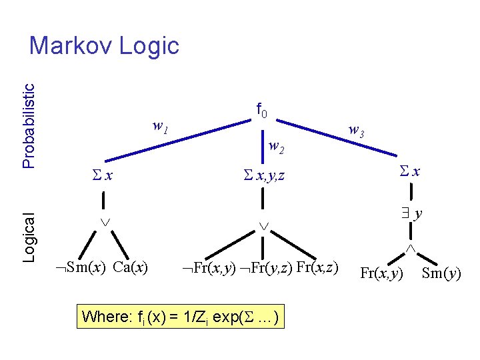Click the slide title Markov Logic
pos(105,46)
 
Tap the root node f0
pos(262,109)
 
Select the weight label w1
pos(160,125)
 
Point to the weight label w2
pos(277,147)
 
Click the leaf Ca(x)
pos(131,268)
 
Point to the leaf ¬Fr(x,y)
pos(209,268)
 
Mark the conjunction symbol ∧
pos(411,248)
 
